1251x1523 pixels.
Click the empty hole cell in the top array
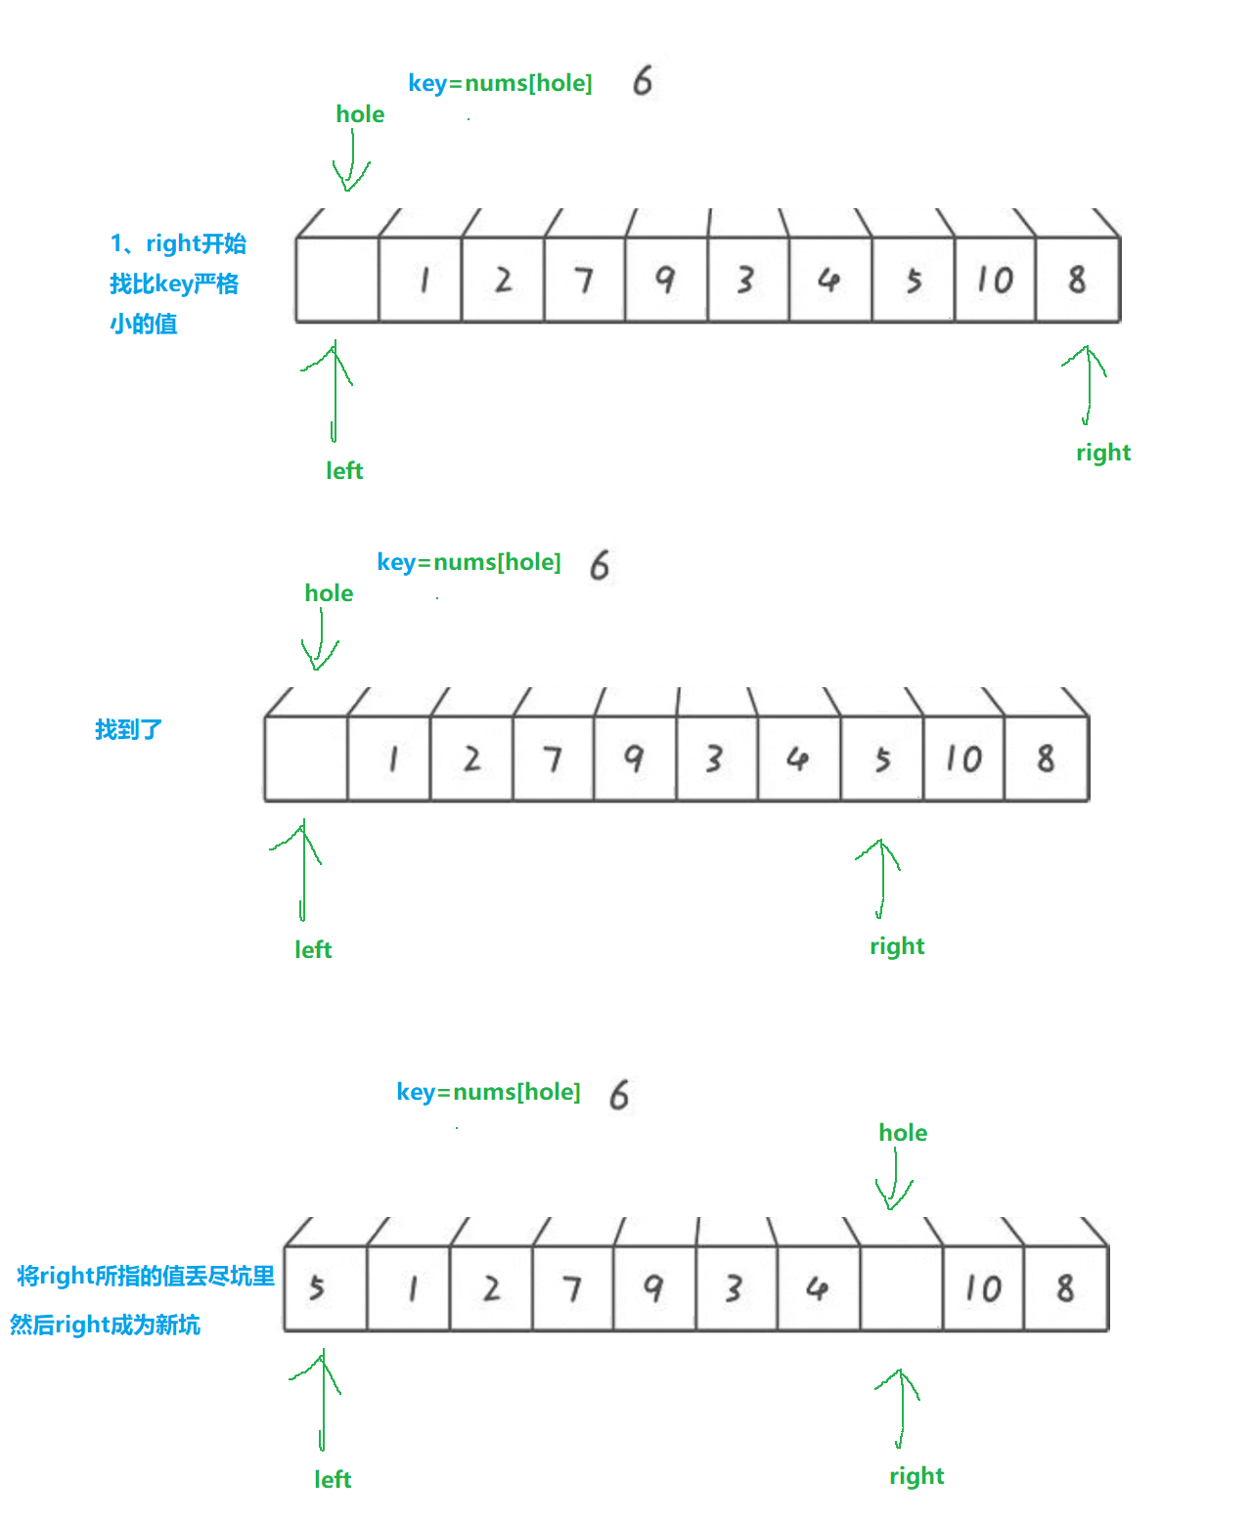pos(337,280)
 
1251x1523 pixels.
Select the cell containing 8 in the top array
pos(1077,280)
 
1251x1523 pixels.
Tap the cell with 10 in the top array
pos(995,280)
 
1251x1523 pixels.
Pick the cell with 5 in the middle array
pos(882,759)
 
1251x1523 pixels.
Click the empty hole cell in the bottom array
pos(901,1288)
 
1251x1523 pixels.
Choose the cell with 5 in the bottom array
pos(325,1288)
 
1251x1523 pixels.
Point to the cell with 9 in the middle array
pos(634,759)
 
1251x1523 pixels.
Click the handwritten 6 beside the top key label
pos(643,81)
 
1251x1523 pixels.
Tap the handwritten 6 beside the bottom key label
pos(619,1095)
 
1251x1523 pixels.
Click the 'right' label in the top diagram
pos(1103,453)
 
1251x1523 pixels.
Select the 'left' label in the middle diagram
pos(313,949)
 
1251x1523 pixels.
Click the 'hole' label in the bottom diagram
pos(903,1133)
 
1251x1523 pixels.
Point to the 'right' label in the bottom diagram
pos(916,1476)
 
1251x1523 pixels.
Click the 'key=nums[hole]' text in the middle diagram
pos(469,562)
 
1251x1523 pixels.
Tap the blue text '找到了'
pos(128,729)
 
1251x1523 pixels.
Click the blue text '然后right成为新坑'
pos(105,1325)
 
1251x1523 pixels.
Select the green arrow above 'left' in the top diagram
pos(334,391)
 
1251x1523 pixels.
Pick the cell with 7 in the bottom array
pos(572,1288)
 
